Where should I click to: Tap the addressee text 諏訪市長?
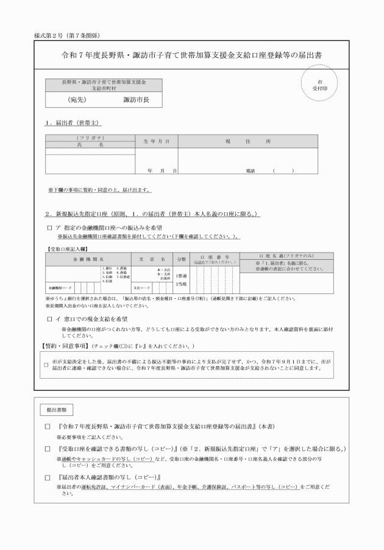click(136, 99)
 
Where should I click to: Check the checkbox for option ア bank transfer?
click(49, 227)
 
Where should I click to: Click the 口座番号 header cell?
click(210, 259)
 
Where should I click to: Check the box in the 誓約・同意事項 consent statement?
click(47, 365)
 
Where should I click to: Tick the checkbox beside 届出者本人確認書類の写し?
click(48, 476)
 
